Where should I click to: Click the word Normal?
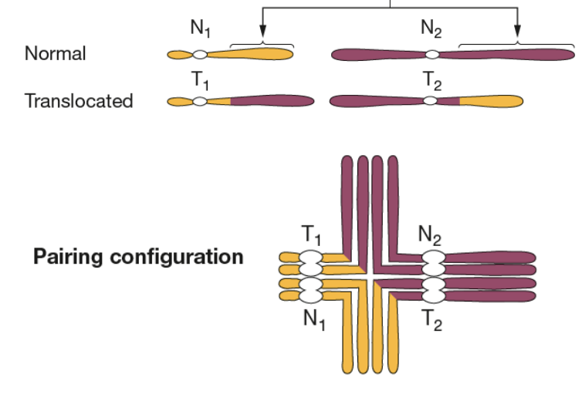pyautogui.click(x=55, y=54)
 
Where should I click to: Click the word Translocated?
pyautogui.click(x=78, y=101)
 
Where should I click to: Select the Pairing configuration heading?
pyautogui.click(x=138, y=257)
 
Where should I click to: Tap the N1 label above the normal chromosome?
pyautogui.click(x=201, y=30)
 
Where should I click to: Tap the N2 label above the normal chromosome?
pyautogui.click(x=432, y=30)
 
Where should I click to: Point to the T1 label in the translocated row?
pyautogui.click(x=200, y=79)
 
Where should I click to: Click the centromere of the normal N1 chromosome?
pyautogui.click(x=200, y=55)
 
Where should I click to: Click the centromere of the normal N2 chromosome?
pyautogui.click(x=432, y=55)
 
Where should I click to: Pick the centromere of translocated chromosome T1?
pyautogui.click(x=200, y=101)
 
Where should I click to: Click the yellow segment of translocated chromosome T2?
pyautogui.click(x=491, y=101)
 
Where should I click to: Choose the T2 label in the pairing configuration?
pyautogui.click(x=431, y=318)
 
